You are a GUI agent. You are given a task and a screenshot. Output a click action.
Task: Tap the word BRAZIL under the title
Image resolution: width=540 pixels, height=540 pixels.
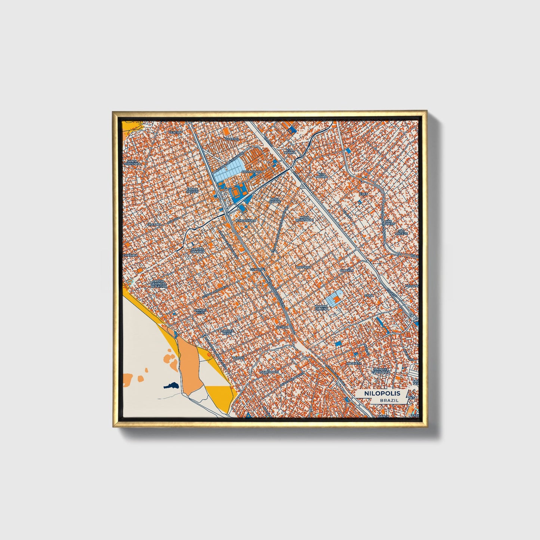[389, 400]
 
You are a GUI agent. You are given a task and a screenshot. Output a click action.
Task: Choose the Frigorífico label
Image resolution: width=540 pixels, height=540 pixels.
[246, 221]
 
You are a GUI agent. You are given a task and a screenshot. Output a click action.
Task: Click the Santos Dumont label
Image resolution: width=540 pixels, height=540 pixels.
[198, 250]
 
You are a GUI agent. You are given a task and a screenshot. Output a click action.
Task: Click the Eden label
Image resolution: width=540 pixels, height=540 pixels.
[364, 194]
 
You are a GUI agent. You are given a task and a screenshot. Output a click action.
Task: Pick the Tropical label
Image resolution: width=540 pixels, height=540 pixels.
[303, 268]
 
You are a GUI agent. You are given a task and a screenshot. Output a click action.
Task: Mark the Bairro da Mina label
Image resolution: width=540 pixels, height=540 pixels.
[321, 307]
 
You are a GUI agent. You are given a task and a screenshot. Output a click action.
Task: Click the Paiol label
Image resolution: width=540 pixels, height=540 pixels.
[369, 295]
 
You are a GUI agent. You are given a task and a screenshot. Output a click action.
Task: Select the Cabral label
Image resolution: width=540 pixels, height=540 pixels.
[238, 357]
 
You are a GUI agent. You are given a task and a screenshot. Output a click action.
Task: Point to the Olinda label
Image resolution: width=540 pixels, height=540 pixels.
[282, 327]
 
